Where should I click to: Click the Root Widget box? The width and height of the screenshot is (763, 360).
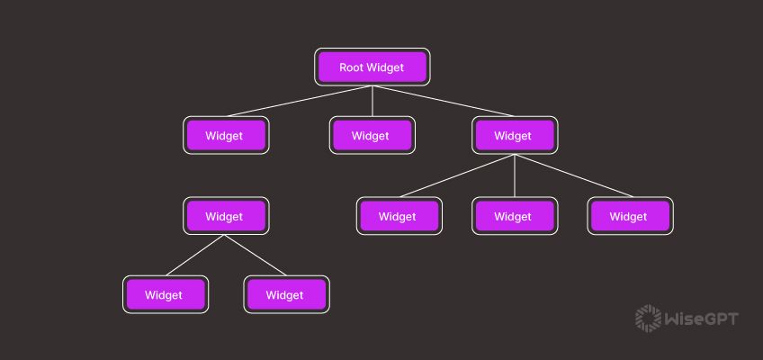(373, 67)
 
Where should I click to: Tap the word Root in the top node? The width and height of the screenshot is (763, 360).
(350, 67)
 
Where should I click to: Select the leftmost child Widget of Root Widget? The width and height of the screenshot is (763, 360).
(226, 136)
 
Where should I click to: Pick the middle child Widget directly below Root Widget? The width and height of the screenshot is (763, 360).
(373, 136)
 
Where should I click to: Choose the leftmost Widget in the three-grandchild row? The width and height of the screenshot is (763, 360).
(399, 216)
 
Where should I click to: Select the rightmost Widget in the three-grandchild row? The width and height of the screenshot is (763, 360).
(630, 216)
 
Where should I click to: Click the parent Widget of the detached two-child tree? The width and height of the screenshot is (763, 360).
(226, 216)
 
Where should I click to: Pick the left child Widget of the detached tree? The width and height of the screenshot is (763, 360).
(166, 294)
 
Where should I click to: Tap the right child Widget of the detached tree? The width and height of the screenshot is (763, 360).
(286, 294)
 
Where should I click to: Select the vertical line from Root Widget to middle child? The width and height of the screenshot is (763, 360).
(373, 101)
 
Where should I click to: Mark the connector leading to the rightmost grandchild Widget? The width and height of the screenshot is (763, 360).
(572, 176)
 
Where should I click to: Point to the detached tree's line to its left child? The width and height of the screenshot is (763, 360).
(195, 256)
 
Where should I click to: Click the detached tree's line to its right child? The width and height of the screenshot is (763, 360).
(256, 256)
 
